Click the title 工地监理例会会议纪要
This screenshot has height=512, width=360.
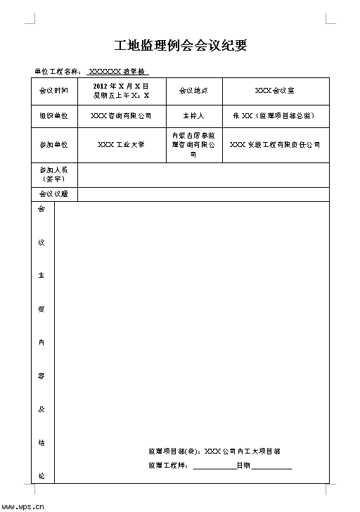pos(180,46)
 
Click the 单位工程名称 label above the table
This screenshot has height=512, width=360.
pos(58,72)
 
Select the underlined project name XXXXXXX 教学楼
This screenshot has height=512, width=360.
pos(118,72)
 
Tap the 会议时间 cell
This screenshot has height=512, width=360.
pos(53,91)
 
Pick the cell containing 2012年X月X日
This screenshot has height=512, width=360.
pos(121,91)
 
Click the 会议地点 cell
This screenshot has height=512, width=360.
pos(193,91)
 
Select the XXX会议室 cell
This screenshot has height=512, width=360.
pos(274,91)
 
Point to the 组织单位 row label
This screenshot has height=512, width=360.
pos(53,116)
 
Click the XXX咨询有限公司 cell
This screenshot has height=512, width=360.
pos(121,116)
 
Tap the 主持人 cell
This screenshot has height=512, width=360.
pos(193,116)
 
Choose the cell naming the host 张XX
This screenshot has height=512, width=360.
pos(274,116)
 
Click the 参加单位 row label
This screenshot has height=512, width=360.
pos(53,145)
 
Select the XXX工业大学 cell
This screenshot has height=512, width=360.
pos(121,145)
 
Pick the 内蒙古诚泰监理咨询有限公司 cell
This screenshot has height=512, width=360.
pos(193,145)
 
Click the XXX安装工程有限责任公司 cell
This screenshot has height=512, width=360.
pos(274,145)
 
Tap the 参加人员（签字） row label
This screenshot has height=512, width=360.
pos(53,174)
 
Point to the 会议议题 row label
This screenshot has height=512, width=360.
pos(53,194)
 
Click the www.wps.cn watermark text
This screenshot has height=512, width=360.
pos(23,504)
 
